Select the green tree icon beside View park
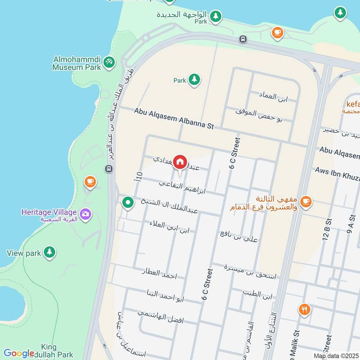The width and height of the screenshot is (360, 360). pyautogui.click(x=49, y=252)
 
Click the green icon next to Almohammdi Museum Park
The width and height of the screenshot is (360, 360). pyautogui.click(x=108, y=62)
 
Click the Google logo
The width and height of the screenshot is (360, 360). pyautogui.click(x=19, y=353)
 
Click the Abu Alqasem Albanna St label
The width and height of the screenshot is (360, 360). pyautogui.click(x=173, y=119)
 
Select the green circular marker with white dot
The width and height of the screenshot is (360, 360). pyautogui.click(x=128, y=203)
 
